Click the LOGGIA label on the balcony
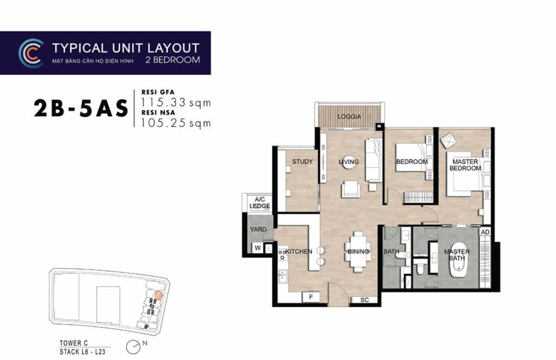pyautogui.click(x=349, y=117)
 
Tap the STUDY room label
pyautogui.click(x=302, y=162)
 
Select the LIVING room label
pyautogui.click(x=348, y=162)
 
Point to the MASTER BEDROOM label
pyautogui.click(x=465, y=165)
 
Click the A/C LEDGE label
pyautogui.click(x=260, y=203)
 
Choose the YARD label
pyautogui.click(x=259, y=229)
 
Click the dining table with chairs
pyautogui.click(x=358, y=251)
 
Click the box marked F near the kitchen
pyautogui.click(x=310, y=297)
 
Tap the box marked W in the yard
pyautogui.click(x=257, y=247)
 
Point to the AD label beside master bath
pyautogui.click(x=485, y=232)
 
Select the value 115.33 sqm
pyautogui.click(x=176, y=103)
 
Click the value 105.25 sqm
pyautogui.click(x=176, y=124)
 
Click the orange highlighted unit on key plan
pyautogui.click(x=158, y=294)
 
